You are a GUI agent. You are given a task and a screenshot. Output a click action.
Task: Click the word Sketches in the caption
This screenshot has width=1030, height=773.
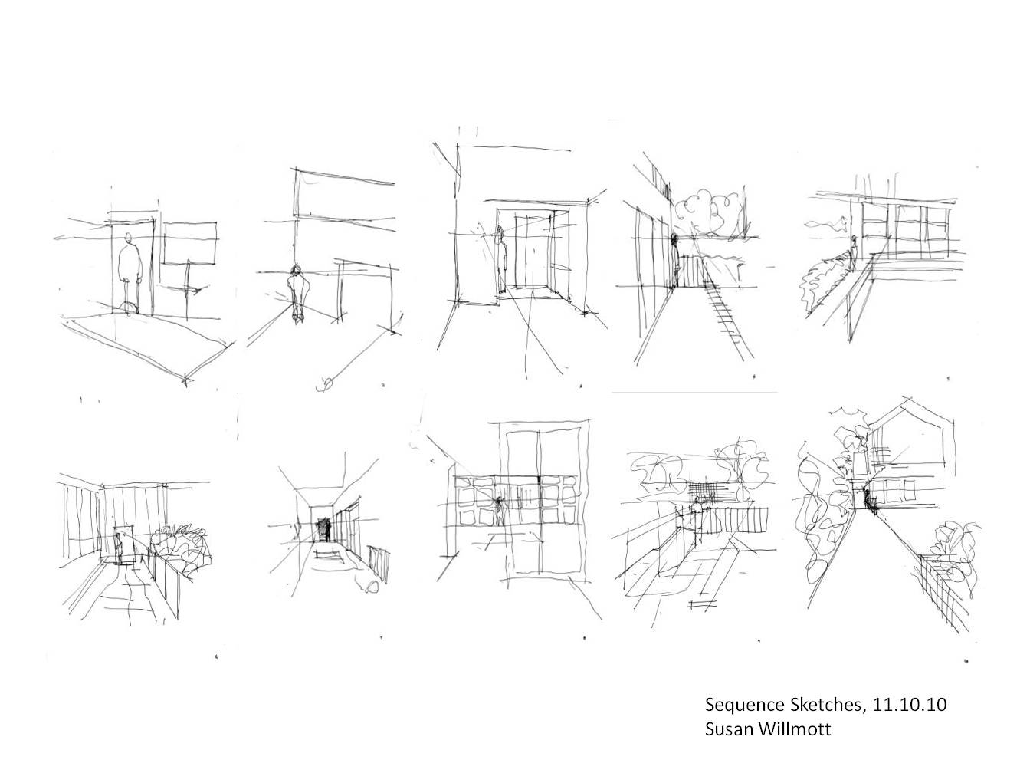pyautogui.click(x=812, y=704)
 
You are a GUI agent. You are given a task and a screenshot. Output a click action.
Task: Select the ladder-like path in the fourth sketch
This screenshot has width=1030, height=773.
pyautogui.click(x=728, y=314)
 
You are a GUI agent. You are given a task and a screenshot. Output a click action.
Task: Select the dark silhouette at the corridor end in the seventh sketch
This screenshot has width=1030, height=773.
pyautogui.click(x=326, y=530)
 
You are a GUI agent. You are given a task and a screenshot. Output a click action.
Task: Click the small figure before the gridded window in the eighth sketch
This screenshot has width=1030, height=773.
pyautogui.click(x=500, y=510)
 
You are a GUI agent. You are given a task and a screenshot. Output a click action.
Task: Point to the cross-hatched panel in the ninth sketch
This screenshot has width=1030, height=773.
pyautogui.click(x=700, y=491)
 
